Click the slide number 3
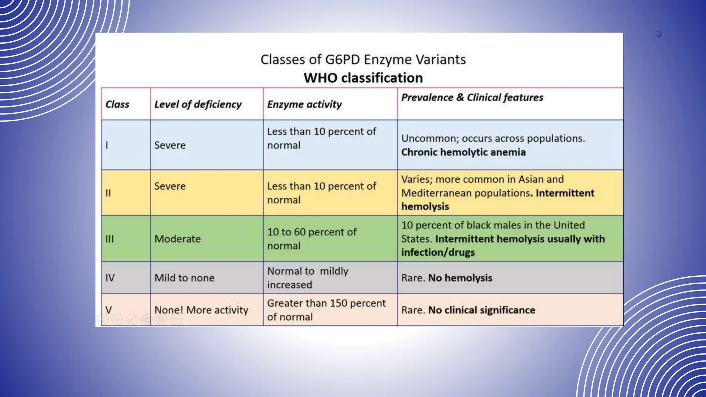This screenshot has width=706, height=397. pyautogui.click(x=659, y=34)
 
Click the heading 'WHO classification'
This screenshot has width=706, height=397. pyautogui.click(x=363, y=78)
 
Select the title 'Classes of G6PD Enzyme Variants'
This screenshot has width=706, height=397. pyautogui.click(x=363, y=60)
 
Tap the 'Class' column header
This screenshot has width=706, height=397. pyautogui.click(x=117, y=104)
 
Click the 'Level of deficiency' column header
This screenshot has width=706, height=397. pyautogui.click(x=198, y=104)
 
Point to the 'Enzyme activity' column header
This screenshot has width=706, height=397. pyautogui.click(x=304, y=104)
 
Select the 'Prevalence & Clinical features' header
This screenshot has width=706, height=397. pyautogui.click(x=472, y=98)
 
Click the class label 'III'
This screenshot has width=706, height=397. pyautogui.click(x=109, y=239)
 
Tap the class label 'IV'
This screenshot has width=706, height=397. pyautogui.click(x=110, y=278)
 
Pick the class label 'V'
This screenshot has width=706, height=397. pyautogui.click(x=109, y=310)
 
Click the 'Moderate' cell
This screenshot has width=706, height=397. pyautogui.click(x=177, y=239)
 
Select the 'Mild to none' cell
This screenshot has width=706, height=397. pyautogui.click(x=184, y=278)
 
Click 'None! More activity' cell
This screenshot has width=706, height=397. pyautogui.click(x=201, y=310)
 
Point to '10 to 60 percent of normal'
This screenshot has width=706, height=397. pyautogui.click(x=311, y=239)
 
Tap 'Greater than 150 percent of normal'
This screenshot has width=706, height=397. pyautogui.click(x=326, y=310)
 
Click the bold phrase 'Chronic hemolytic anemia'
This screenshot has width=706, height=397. pyautogui.click(x=463, y=152)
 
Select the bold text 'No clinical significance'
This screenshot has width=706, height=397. pyautogui.click(x=482, y=310)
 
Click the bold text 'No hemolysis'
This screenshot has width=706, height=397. pyautogui.click(x=460, y=278)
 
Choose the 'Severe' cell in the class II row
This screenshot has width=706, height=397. pyautogui.click(x=170, y=186)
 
